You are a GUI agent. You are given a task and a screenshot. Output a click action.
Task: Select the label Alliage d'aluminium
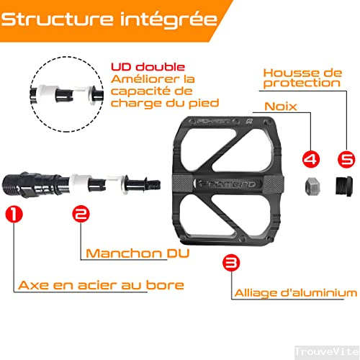point(295,292)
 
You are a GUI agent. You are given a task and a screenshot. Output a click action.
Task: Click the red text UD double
point(148,67)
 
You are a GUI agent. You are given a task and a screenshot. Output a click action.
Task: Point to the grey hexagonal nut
point(312,184)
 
